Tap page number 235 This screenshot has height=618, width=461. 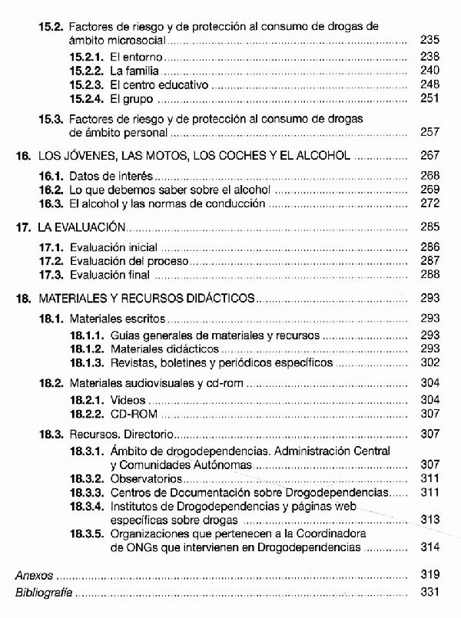point(430,39)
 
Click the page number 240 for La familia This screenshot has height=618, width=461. point(430,71)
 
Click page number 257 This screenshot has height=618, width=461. point(430,133)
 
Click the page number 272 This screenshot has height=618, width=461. point(430,204)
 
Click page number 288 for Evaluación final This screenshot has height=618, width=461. point(430,275)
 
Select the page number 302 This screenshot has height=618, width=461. point(430,362)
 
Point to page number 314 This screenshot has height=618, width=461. point(430,548)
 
